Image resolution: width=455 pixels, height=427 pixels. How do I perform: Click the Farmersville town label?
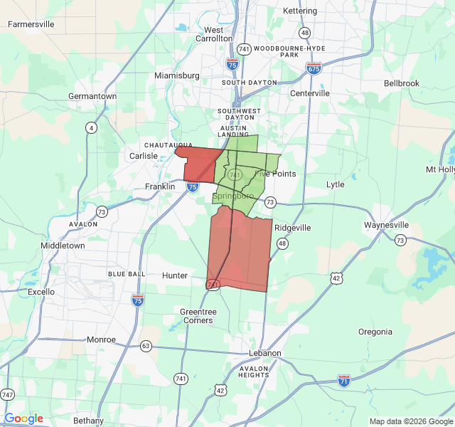(31, 24)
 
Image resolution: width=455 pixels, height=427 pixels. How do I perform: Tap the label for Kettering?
(299, 11)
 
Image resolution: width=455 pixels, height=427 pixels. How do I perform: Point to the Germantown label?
(92, 96)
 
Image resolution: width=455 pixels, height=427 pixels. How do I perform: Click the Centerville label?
(309, 93)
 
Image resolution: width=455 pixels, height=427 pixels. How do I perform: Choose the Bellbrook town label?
(402, 83)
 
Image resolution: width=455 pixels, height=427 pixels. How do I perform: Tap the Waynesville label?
(386, 225)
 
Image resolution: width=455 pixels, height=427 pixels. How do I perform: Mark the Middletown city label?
(63, 246)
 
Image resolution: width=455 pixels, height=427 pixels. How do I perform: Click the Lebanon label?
(265, 353)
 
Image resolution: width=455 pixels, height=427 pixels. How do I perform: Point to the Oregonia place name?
(375, 332)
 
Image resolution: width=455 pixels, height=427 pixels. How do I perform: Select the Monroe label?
(101, 339)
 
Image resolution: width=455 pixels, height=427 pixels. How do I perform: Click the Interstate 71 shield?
(344, 381)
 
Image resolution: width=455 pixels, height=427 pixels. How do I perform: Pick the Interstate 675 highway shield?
(314, 68)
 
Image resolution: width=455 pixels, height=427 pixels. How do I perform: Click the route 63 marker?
(146, 347)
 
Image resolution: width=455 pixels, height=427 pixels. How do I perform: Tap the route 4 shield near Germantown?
(91, 128)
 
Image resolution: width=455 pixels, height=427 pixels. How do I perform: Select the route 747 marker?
(8, 394)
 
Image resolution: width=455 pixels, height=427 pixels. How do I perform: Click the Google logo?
(23, 418)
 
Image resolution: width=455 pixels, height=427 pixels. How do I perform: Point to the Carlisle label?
(143, 156)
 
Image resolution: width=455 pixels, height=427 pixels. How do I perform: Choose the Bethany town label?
(88, 421)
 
